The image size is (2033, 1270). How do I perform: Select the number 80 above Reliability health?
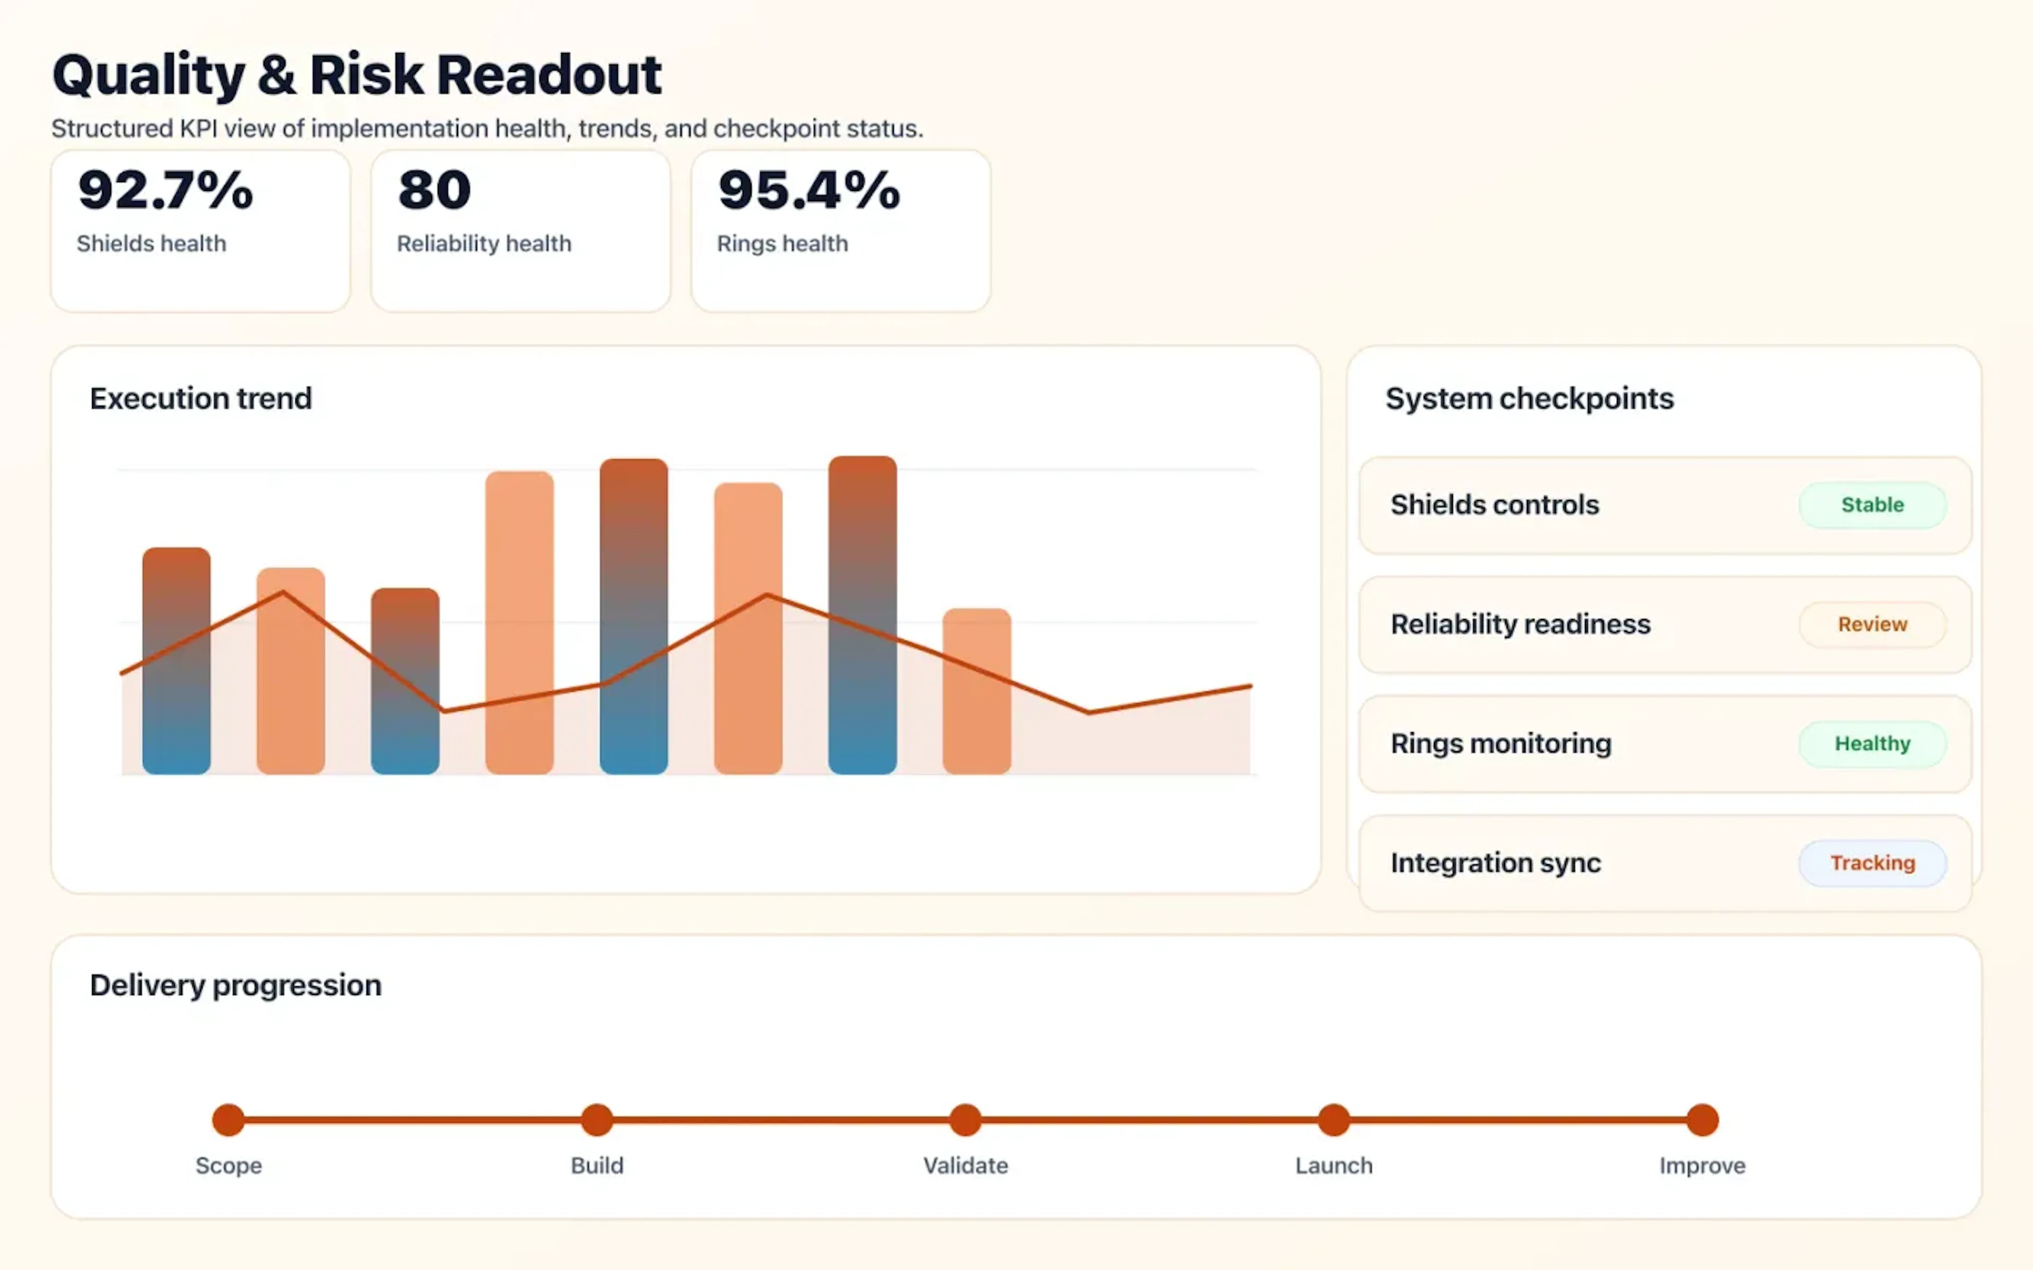434,190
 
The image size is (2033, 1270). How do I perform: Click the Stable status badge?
1872,505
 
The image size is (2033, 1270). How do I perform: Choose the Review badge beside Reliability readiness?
1872,624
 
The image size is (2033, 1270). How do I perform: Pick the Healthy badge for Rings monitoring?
1872,743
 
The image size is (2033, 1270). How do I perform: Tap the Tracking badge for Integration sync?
1872,863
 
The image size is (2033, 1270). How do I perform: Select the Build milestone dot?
597,1120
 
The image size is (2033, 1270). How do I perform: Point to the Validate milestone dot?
965,1120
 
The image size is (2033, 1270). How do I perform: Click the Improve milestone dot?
1702,1120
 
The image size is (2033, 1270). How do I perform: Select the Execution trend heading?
201,398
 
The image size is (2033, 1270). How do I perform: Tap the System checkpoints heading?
1529,398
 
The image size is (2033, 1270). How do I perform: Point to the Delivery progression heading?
235,984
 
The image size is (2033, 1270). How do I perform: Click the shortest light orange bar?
976,691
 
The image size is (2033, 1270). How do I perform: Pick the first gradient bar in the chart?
176,660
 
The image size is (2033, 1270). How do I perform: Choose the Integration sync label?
1495,863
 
